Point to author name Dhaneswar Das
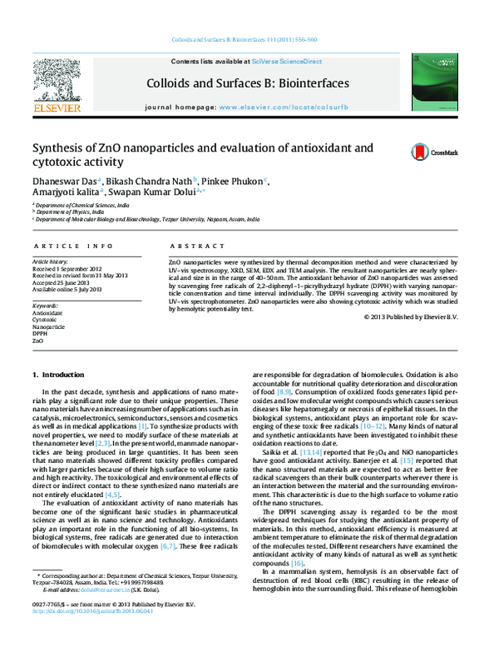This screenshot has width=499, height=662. pos(66,180)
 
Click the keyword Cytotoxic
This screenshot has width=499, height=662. pos(45,319)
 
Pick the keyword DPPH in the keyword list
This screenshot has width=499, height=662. pos(40,334)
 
